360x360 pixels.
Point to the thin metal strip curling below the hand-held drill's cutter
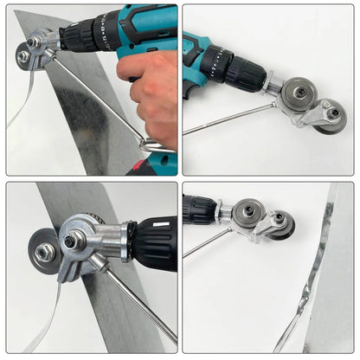click(x=22, y=95)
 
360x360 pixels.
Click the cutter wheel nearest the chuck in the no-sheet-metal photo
click(x=299, y=93)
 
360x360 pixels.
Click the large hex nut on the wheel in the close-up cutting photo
click(x=44, y=252)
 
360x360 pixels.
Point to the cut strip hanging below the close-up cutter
click(x=48, y=320)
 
